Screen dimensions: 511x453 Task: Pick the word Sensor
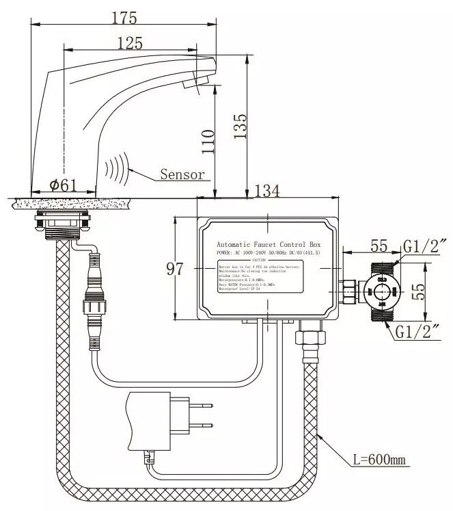coord(182,174)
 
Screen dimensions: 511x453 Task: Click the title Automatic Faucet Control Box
coord(269,244)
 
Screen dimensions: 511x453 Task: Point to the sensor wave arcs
coord(117,169)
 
